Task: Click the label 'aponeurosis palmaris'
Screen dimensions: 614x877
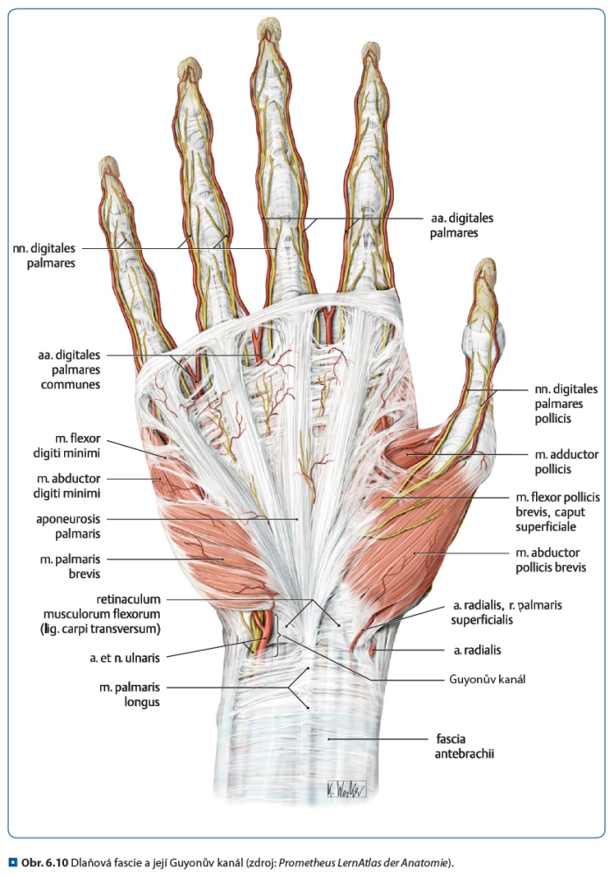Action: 68,526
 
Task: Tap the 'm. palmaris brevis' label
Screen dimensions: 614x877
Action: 70,566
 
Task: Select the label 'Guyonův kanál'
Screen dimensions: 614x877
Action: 487,680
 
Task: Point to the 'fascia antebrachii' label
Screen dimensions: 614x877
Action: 464,746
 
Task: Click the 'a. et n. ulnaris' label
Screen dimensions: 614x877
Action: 125,659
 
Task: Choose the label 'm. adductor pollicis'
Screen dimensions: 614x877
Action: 567,462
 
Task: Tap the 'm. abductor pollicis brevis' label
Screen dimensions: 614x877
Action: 551,560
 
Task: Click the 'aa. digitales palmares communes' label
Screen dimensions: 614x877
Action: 70,370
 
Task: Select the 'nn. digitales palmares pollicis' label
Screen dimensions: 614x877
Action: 566,403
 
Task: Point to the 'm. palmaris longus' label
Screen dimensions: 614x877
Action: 130,694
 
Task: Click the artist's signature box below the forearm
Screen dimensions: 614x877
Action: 346,789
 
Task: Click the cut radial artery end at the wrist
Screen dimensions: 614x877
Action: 373,650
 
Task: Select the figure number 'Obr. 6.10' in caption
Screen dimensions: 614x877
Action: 45,863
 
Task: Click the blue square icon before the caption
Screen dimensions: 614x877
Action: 13,863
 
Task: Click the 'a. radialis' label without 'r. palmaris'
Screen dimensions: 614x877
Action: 477,651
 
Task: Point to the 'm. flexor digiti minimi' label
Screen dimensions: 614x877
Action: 67,446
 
